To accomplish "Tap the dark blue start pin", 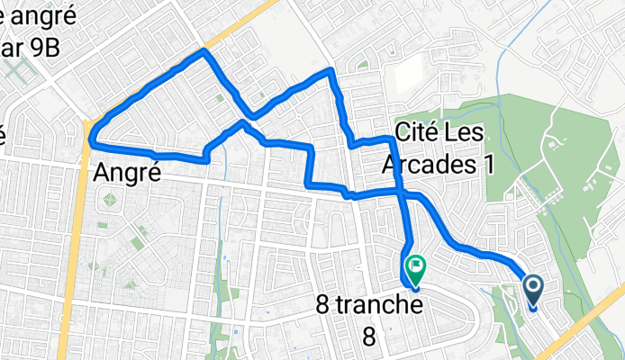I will tap(532, 288).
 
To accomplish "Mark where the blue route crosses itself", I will tap(402, 193).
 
